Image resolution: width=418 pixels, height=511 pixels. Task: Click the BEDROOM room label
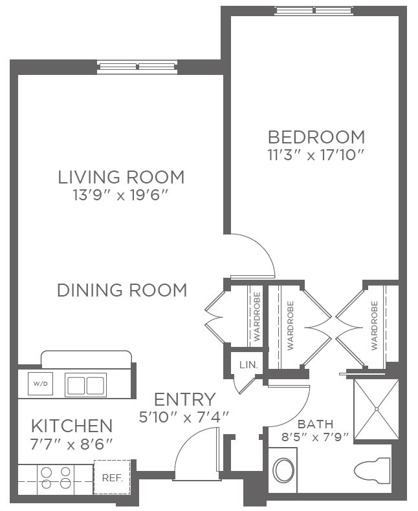point(316,137)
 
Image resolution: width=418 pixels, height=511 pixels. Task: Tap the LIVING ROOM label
point(121,177)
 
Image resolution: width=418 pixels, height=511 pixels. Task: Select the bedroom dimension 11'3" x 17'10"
point(316,155)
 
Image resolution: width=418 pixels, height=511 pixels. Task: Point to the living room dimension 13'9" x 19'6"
point(120,196)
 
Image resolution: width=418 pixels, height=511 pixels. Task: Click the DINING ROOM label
point(122,290)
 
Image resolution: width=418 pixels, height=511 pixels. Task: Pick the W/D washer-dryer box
point(41,384)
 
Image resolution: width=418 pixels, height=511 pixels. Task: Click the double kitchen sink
point(86,385)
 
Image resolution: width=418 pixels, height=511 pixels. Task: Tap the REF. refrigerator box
point(112,477)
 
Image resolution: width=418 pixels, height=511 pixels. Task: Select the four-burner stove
point(56,477)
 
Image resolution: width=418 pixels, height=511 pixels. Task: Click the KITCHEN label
point(72,426)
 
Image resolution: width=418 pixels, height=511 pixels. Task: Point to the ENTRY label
point(184,399)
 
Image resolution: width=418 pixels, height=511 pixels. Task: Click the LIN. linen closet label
point(248,364)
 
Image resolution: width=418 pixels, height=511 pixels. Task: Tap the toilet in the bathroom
point(372,469)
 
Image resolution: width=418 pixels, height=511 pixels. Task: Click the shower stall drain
point(377,409)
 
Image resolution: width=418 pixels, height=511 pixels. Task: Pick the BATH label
point(316,424)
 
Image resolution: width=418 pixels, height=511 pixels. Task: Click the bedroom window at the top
point(314,10)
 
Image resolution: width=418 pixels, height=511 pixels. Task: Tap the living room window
point(137,67)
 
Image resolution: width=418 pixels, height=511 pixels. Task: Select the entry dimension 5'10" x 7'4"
point(184,417)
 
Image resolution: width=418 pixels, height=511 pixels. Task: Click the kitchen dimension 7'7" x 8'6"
point(71,444)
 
